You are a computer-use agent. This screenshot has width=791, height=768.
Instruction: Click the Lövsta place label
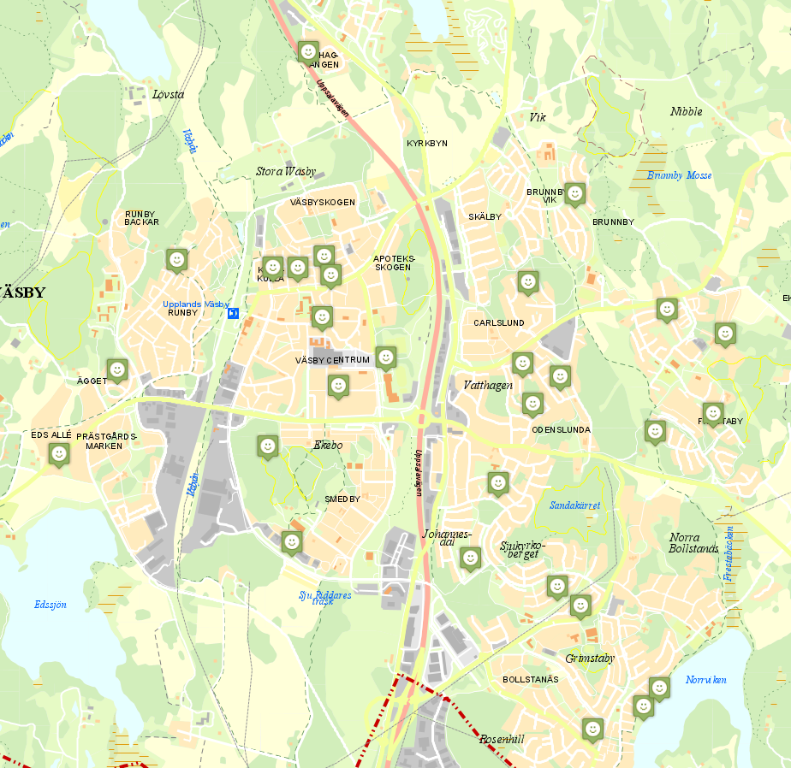(x=168, y=94)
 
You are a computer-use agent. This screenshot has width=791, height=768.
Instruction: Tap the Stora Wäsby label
(x=286, y=171)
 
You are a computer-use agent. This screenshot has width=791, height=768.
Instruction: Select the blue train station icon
(x=233, y=314)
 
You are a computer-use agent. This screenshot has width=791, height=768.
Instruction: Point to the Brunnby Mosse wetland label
(x=680, y=175)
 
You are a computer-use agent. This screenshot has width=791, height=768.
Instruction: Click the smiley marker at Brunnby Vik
(x=575, y=194)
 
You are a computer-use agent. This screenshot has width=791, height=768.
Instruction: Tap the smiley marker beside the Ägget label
(x=117, y=369)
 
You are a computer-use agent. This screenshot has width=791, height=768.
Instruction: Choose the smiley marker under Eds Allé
(x=59, y=454)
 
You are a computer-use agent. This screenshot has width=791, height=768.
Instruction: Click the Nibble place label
(x=686, y=111)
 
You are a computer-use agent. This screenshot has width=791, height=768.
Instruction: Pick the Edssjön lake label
(x=51, y=605)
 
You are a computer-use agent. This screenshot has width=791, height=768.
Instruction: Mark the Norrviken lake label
(x=705, y=680)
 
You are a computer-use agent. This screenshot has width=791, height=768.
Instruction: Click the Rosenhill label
(x=502, y=739)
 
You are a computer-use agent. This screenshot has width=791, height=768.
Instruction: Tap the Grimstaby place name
(x=590, y=659)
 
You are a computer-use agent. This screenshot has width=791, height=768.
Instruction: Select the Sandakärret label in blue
(x=574, y=505)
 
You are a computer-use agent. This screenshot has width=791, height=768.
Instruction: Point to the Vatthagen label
(x=488, y=386)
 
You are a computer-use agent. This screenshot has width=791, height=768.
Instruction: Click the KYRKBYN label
(x=427, y=143)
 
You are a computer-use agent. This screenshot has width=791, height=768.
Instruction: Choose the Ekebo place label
(x=327, y=446)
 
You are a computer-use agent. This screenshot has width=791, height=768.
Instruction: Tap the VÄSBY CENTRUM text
(x=332, y=360)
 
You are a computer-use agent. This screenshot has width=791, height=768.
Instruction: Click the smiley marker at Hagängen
(x=308, y=51)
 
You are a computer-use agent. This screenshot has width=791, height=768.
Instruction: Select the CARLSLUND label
(x=498, y=323)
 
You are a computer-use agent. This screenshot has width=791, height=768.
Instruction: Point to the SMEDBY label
(x=342, y=499)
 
